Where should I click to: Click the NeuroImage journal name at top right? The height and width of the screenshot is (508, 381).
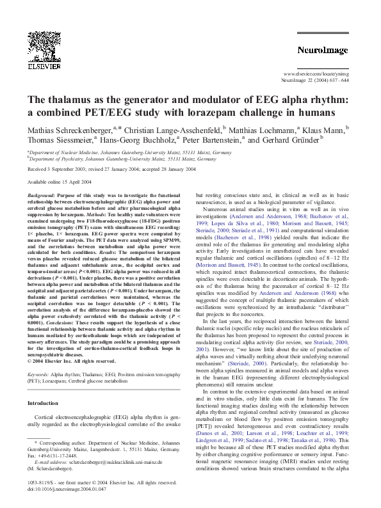(321, 49)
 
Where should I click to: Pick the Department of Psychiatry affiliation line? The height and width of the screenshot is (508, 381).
(122, 159)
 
